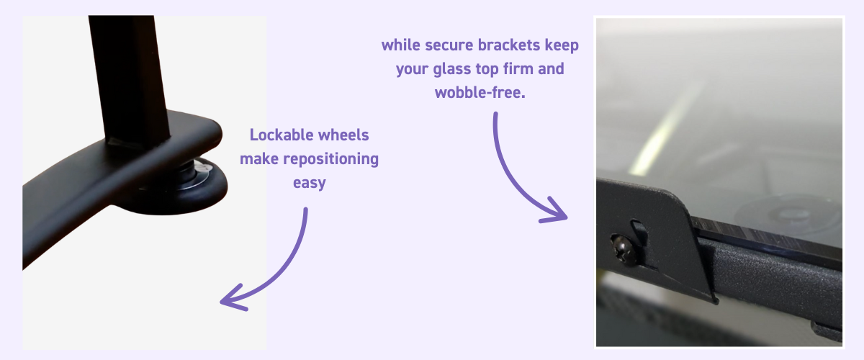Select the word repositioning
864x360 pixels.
pos(331,159)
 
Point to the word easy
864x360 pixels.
pos(310,183)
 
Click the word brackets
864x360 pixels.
pos(509,45)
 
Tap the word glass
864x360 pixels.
pos(451,69)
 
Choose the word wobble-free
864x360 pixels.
pos(480,93)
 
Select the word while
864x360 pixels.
pos(401,45)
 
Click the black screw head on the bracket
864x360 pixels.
pos(623,250)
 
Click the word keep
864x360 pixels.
pos(562,46)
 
